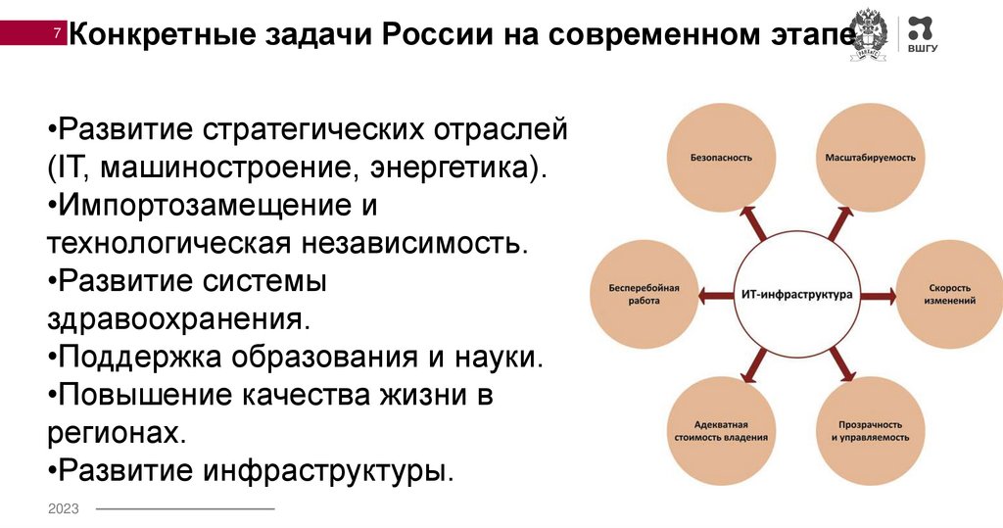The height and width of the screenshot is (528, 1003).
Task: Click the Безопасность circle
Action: coord(720,157)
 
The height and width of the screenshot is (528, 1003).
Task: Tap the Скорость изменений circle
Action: coord(947,294)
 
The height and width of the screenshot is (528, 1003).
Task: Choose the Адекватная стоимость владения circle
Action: coord(720,431)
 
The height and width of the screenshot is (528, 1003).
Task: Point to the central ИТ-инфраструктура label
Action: coord(794,294)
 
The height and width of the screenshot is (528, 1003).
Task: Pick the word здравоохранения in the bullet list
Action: coord(176,318)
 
